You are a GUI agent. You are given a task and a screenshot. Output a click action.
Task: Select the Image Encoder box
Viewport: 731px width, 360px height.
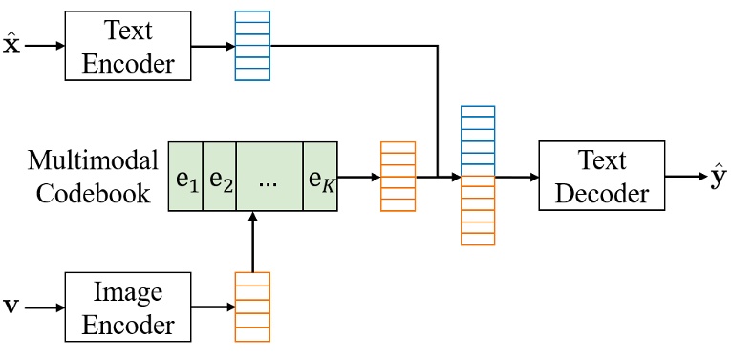tap(128, 307)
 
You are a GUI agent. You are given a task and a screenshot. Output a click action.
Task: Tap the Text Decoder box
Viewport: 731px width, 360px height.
tap(601, 177)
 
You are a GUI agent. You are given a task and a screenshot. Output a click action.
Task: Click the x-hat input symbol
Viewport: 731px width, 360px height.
tap(11, 44)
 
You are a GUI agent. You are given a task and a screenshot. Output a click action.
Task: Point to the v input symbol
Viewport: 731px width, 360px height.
tap(11, 307)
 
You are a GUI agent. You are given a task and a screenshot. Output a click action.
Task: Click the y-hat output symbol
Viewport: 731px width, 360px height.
tap(719, 178)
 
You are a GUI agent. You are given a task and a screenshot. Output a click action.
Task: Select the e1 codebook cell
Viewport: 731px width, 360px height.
tap(186, 177)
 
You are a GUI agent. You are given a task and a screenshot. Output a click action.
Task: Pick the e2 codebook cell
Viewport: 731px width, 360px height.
tap(220, 177)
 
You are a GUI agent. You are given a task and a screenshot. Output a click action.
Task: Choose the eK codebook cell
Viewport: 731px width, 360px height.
tap(320, 177)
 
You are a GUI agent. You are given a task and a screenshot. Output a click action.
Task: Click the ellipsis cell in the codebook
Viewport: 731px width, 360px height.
tap(269, 177)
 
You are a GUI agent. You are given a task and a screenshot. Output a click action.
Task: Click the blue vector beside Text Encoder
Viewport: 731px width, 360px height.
tap(252, 47)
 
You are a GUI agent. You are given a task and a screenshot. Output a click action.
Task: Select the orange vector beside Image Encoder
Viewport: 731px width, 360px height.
tap(252, 307)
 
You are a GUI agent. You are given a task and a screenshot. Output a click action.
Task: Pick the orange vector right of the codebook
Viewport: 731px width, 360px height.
tap(398, 177)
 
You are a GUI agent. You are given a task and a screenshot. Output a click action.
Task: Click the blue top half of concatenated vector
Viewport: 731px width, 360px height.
tap(478, 140)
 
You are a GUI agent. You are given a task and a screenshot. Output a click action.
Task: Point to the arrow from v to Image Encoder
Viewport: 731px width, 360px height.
tap(42, 307)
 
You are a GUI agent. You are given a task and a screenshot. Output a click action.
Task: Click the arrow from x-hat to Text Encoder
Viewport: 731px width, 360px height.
tap(44, 45)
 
